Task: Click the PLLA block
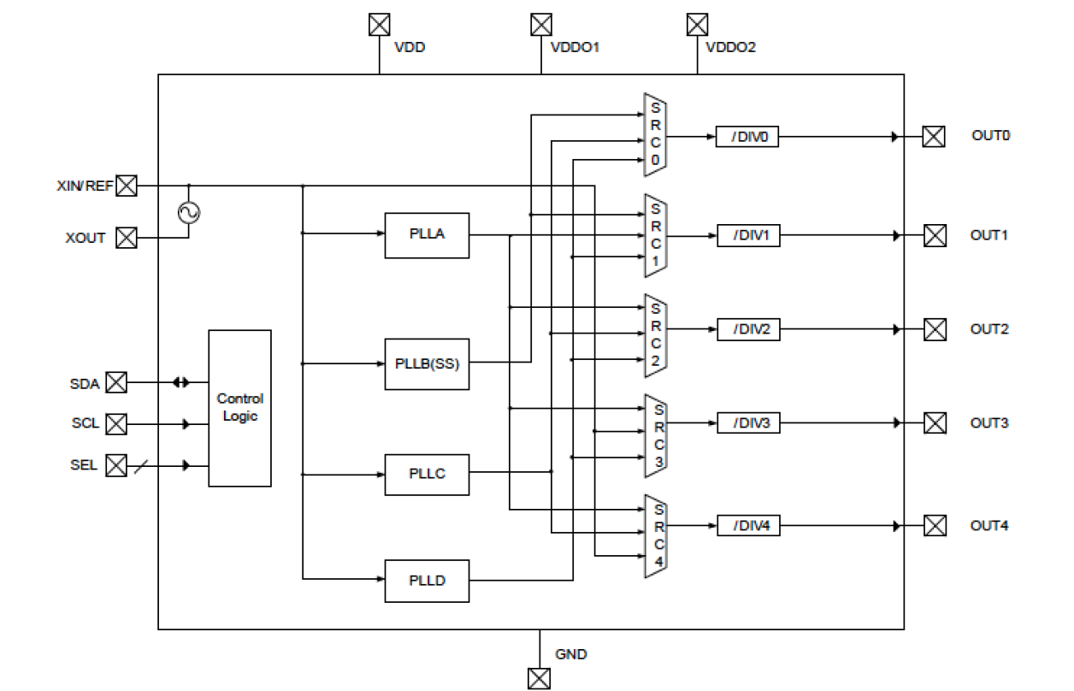tap(427, 234)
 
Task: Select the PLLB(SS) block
tap(427, 363)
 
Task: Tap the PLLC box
tap(427, 473)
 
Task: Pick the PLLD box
tap(427, 581)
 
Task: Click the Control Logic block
tap(239, 408)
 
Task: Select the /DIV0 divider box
tap(747, 137)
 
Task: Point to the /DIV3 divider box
tap(748, 422)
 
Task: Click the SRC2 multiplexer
tap(656, 335)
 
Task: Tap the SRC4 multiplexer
tap(656, 534)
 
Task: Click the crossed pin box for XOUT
tap(126, 238)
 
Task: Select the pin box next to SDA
tap(115, 383)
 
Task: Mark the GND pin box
tap(540, 678)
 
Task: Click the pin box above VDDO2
tap(698, 24)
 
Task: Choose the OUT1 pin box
tap(935, 235)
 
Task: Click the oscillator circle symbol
tap(188, 212)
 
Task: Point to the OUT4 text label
tap(989, 525)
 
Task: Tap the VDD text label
tap(410, 48)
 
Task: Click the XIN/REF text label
tap(84, 185)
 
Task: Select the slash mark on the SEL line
tap(142, 465)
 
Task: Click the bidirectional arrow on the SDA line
tap(180, 383)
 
